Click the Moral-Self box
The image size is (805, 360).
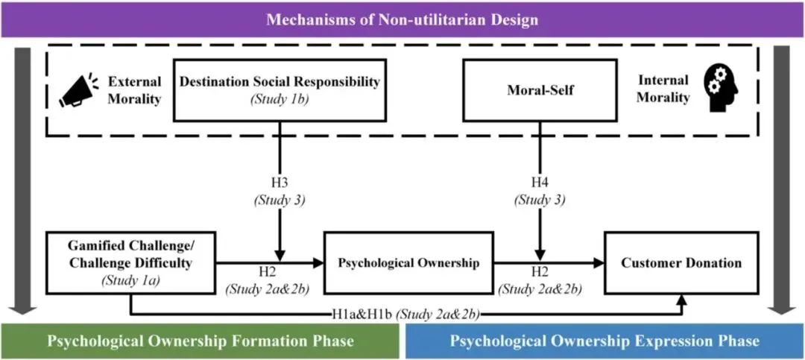[x=540, y=89]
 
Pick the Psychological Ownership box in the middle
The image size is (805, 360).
[x=408, y=262]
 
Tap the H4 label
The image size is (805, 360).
[x=540, y=183]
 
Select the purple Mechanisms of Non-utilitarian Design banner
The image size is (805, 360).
[x=402, y=19]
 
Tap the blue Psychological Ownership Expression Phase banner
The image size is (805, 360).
[x=604, y=341]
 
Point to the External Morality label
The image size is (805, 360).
[x=134, y=89]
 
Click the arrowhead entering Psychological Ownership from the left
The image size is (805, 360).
[x=319, y=262]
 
